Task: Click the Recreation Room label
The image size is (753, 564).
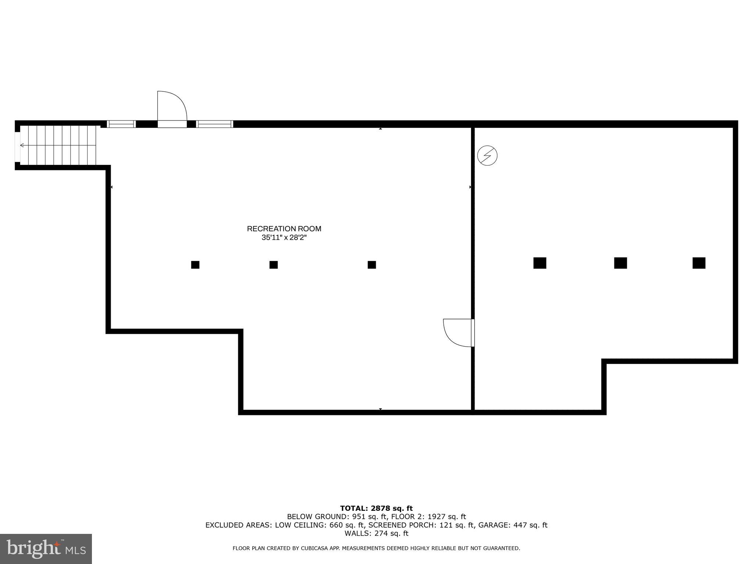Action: [x=284, y=229]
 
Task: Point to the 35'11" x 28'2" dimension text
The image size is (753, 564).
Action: [x=284, y=238]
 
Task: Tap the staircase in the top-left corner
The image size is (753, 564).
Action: [x=58, y=145]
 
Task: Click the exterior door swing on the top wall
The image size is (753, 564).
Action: [x=171, y=108]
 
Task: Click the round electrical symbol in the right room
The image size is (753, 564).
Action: [x=487, y=155]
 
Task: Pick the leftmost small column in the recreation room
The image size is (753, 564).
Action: [x=195, y=265]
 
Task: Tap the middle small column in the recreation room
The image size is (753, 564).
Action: [x=274, y=265]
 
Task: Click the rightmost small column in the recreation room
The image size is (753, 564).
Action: [x=372, y=265]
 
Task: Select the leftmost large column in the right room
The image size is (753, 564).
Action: [x=540, y=263]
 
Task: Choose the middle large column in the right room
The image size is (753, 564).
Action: [x=620, y=263]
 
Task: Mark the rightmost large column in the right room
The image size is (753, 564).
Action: [x=699, y=263]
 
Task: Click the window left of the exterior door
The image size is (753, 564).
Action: [x=121, y=124]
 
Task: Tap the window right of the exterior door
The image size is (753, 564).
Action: [x=215, y=124]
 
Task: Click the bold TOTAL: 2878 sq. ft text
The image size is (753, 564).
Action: [x=376, y=508]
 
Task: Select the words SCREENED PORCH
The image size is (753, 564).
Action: [x=403, y=525]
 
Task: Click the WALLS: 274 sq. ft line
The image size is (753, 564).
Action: [x=376, y=533]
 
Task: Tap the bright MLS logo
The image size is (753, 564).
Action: [x=46, y=549]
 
